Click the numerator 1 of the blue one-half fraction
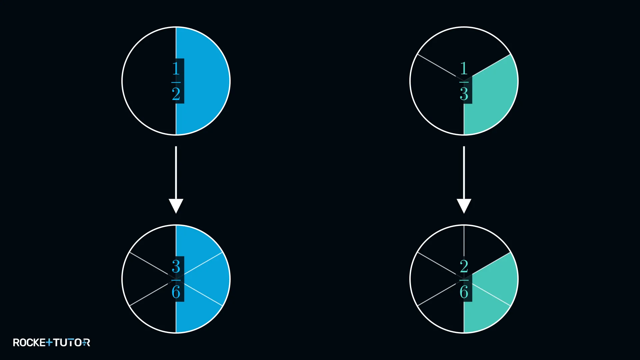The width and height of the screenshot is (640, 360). (176, 68)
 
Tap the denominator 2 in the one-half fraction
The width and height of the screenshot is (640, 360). (176, 94)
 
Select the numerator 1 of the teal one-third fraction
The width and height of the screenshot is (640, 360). (464, 68)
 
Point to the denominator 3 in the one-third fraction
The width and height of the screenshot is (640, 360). (464, 94)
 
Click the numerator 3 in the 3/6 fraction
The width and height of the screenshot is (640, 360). (176, 266)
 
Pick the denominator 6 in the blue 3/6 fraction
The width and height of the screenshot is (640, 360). (176, 292)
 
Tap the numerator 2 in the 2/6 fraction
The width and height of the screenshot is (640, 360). (464, 266)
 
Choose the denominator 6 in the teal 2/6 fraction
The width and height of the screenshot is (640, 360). (464, 292)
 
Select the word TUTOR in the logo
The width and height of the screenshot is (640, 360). (72, 343)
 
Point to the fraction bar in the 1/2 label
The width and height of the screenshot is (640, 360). (176, 82)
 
